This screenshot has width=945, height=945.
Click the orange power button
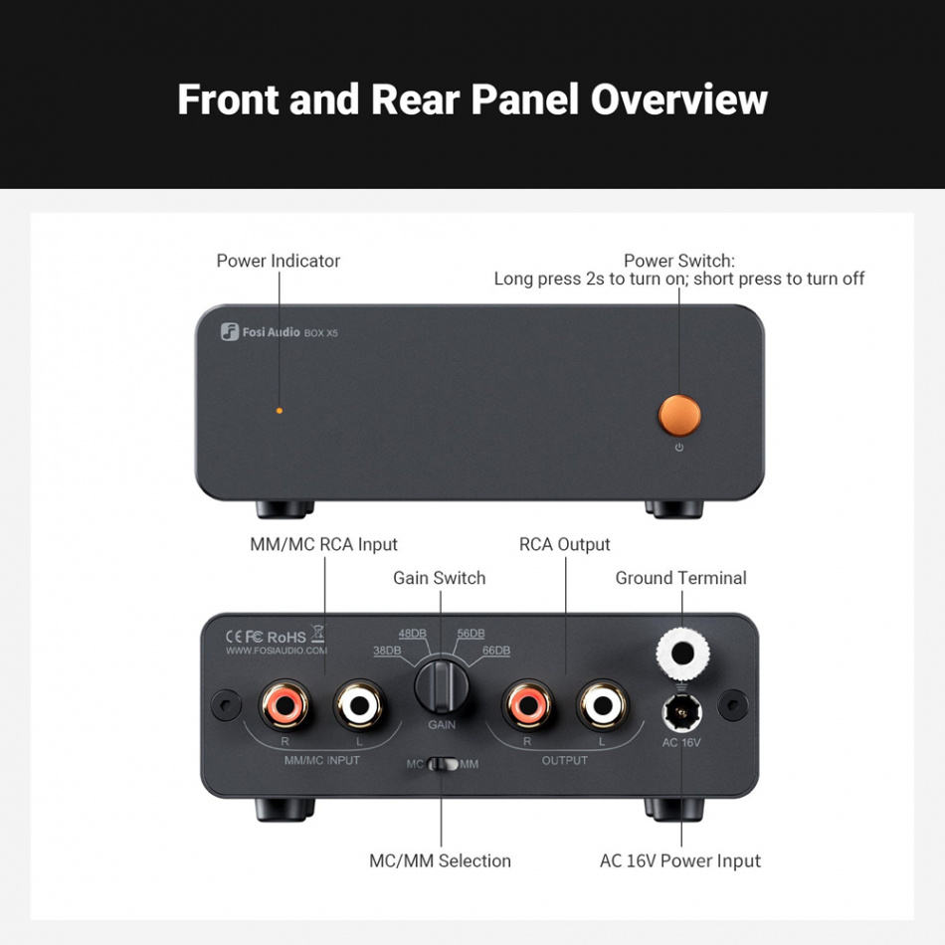(679, 415)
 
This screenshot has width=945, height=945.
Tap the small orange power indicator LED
(279, 410)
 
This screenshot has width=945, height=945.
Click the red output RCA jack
(526, 705)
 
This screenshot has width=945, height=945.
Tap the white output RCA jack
(602, 705)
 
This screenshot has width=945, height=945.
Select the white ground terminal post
(682, 654)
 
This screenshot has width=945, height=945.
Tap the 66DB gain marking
(495, 651)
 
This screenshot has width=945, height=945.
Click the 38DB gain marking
(387, 651)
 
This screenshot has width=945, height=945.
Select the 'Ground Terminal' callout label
(680, 578)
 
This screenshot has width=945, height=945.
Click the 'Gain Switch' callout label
(440, 578)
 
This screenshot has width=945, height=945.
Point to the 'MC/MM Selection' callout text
(440, 861)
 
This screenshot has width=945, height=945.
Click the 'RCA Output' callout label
(565, 544)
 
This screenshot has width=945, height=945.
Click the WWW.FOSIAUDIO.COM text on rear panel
(277, 651)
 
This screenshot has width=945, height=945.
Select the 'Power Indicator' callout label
(279, 261)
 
